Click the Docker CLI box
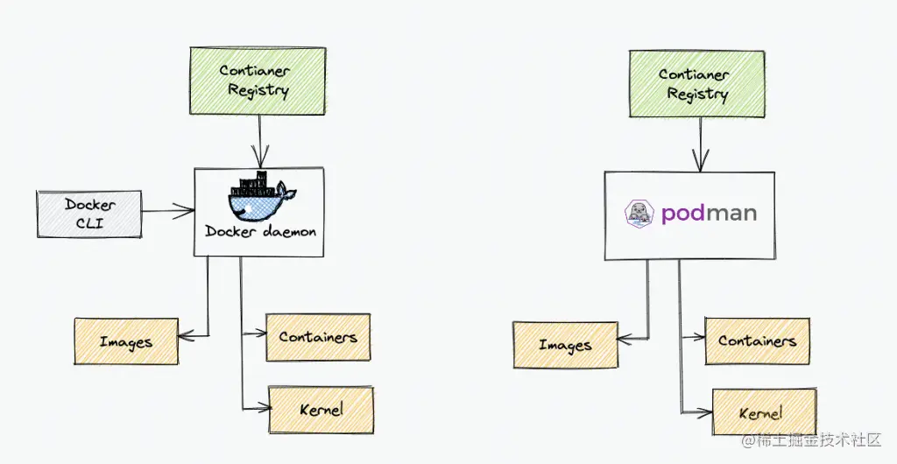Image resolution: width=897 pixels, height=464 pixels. pos(89,213)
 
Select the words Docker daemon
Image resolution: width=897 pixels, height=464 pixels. pos(260,232)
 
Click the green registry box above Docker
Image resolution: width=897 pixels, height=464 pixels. pos(258,81)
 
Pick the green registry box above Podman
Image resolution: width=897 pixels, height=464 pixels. pos(697,83)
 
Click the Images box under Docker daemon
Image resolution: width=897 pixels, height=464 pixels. pos(126,341)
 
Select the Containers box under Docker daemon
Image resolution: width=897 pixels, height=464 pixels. pos(317,337)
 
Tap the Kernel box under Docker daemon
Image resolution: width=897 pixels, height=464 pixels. pos(321,410)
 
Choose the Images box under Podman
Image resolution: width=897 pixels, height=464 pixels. pos(565,345)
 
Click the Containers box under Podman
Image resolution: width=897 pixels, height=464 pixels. pos(757,341)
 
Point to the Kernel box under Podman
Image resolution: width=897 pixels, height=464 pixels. pos(764,413)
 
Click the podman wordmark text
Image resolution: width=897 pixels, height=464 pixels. pos(709,214)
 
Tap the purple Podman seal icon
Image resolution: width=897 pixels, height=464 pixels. pos(640,214)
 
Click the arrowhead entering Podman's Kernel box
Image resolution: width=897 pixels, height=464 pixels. pos(704,411)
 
